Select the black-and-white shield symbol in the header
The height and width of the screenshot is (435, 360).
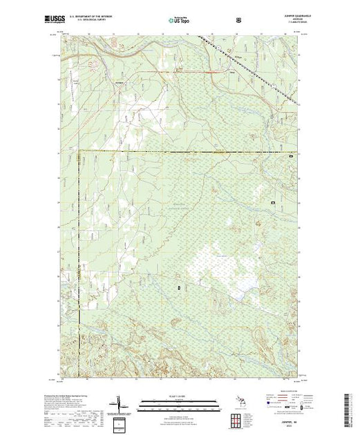tap(238, 21)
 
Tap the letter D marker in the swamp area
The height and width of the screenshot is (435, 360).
tap(179, 286)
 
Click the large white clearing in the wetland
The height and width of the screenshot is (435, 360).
tap(221, 266)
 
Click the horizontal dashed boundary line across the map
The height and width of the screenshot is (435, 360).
tap(187, 151)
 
